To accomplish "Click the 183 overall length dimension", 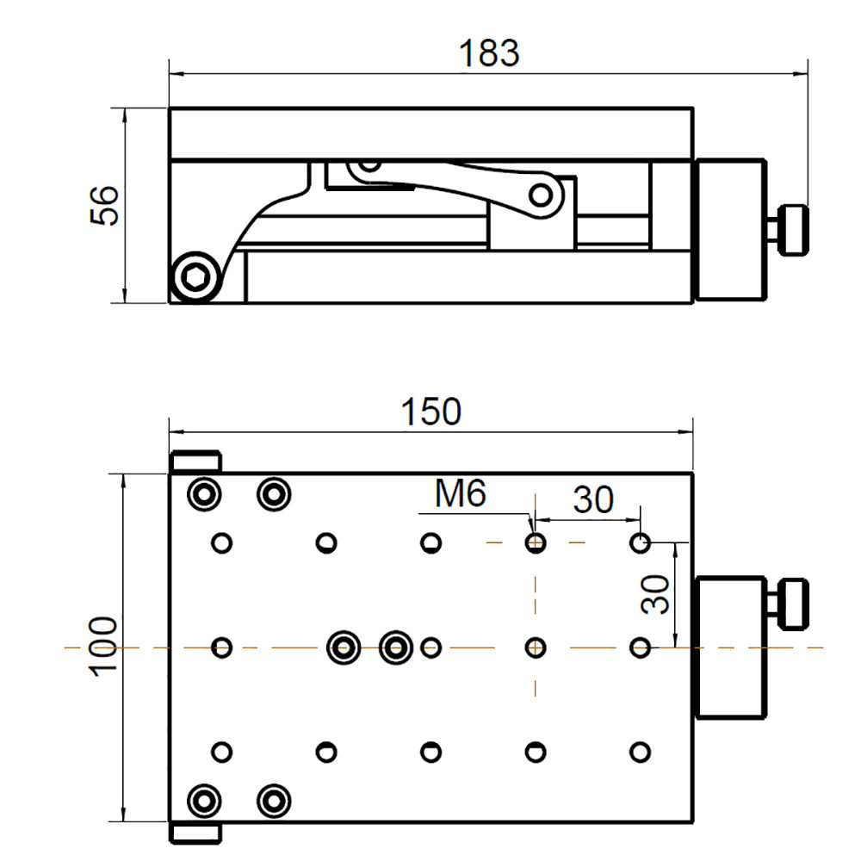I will pos(488,53).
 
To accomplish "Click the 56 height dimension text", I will pos(104,206).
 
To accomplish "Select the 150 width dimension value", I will pos(430,412).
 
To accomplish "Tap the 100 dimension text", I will pos(103,647).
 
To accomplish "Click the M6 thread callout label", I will pos(461,494).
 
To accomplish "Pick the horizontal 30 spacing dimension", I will pos(594,499).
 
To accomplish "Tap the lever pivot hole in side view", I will pos(541,195).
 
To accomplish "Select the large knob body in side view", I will pos(731,230).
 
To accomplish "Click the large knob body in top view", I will pos(731,647).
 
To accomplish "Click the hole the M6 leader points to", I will pos(536,543).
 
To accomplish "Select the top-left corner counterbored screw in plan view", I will pos(204,494).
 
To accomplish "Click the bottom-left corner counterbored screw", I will pos(204,801).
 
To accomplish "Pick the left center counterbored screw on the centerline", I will pos(344,647).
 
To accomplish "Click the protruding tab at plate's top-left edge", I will pos(196,461).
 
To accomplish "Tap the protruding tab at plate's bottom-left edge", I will pos(196,833).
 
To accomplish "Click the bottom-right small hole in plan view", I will pos(639,752).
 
